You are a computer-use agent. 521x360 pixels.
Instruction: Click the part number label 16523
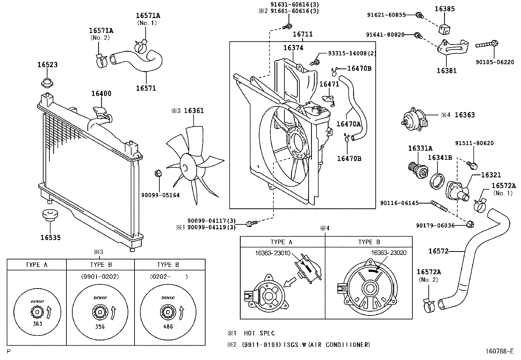tap(47, 65)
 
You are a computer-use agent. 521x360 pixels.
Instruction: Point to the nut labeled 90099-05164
tap(158, 173)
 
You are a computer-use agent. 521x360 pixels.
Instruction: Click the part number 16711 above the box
tap(302, 34)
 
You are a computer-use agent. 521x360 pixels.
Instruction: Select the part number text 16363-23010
tap(273, 253)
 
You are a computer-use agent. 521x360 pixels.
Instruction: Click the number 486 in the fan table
tap(168, 327)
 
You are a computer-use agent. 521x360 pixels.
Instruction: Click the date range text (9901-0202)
tap(100, 276)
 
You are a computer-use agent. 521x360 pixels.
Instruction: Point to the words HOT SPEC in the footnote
tap(259, 333)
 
